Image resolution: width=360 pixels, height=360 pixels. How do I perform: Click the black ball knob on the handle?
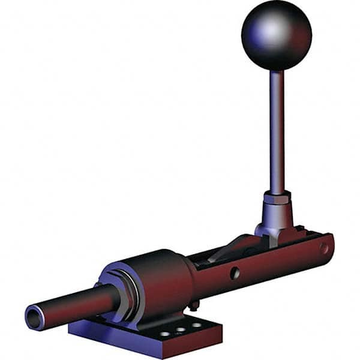277,36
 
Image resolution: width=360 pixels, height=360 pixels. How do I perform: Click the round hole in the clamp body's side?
235,272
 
